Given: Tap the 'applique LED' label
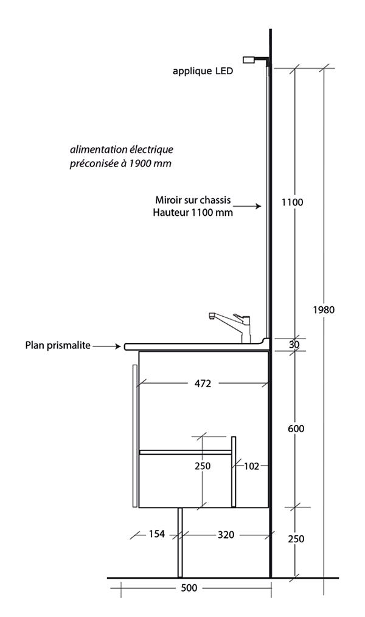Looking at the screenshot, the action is point(203,71).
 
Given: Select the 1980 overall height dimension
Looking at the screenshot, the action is point(324,309).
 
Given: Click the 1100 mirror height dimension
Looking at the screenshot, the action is point(293,202).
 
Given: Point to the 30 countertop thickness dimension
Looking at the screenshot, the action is point(294,344).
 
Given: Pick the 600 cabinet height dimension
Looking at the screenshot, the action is point(296,428).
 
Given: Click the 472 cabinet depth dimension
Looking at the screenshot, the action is point(203,383).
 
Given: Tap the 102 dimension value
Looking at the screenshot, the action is point(251,466).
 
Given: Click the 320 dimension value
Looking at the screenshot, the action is point(226,535).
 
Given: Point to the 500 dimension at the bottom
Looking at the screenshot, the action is point(189,588).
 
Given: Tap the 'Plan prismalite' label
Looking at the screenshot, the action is point(58,345).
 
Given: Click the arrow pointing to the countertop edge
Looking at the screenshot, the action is point(106,346).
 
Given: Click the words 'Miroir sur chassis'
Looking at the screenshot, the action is point(193,200).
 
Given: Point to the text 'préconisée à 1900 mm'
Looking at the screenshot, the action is point(120,164).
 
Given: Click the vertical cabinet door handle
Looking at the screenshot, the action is point(134,436).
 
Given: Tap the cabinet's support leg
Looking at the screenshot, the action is point(180,543).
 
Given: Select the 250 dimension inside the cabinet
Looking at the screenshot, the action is point(203,466).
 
